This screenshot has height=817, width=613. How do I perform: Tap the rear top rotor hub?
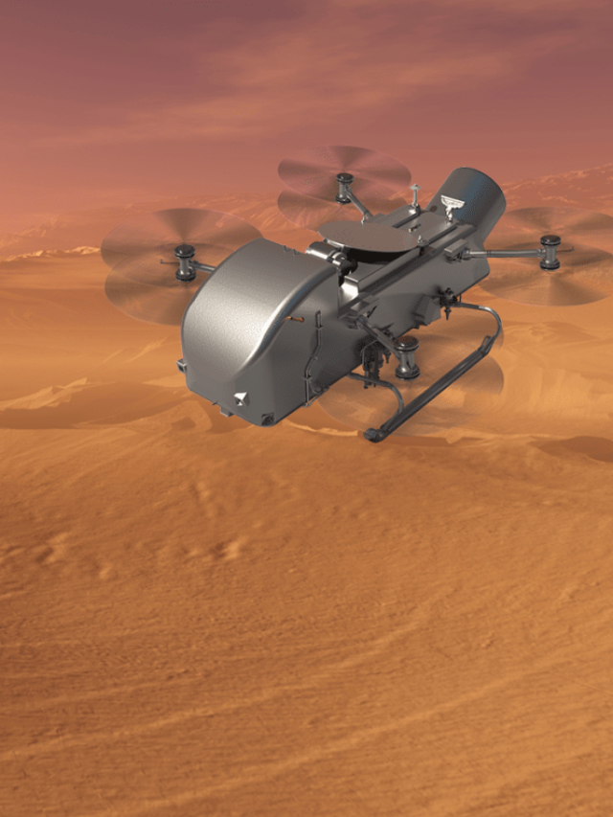344,187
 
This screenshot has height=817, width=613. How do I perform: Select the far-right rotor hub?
550,252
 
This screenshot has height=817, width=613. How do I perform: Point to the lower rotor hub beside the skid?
406,356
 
